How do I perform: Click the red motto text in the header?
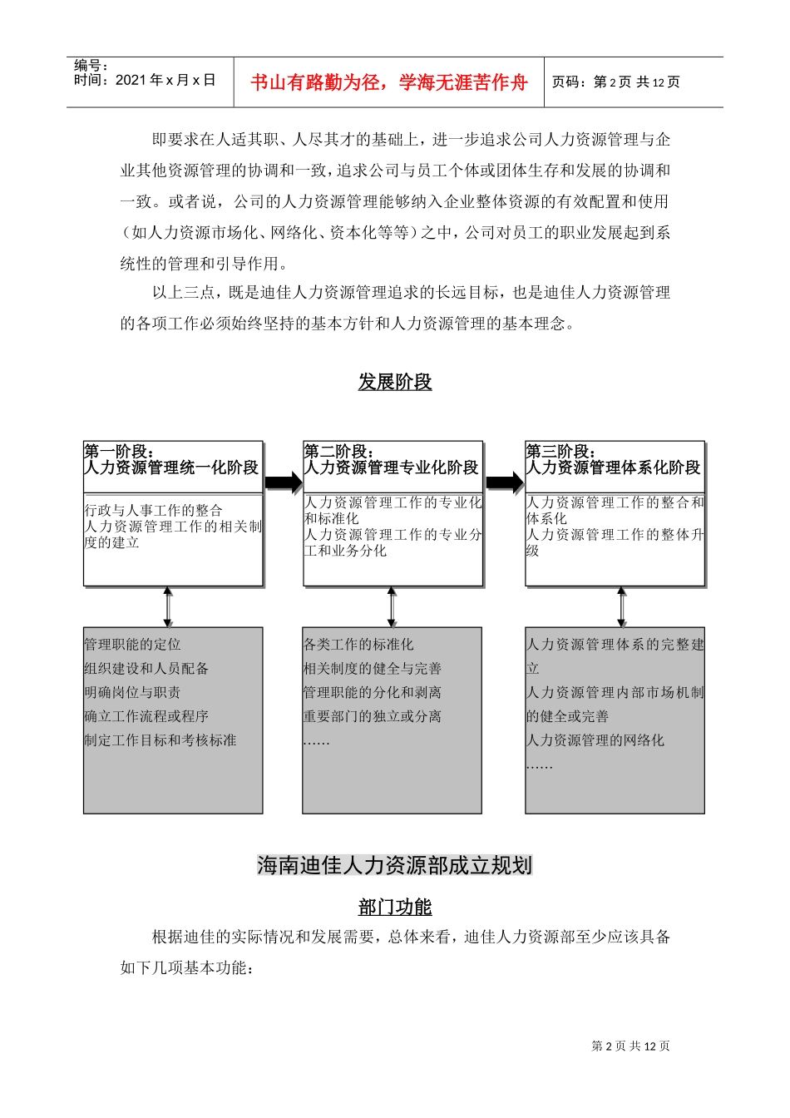coord(389,82)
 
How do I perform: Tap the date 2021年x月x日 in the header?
coord(145,80)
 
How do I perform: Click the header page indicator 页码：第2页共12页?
coord(615,82)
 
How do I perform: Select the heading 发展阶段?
coord(395,382)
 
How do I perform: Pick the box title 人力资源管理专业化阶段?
coord(392,468)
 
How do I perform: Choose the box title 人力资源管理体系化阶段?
coord(614,468)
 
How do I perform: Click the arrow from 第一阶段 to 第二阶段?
coord(283,482)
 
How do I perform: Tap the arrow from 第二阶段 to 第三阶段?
coord(504,482)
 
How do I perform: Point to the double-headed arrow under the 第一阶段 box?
coord(168,607)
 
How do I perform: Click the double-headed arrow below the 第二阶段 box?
coord(392,607)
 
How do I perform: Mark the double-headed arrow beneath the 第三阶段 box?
coord(621,607)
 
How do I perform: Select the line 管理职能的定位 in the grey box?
coord(132,645)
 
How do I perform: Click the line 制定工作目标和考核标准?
coord(160,740)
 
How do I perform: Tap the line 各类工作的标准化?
coord(358,645)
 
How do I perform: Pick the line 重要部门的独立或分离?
coord(373,716)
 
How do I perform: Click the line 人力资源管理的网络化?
coord(595,740)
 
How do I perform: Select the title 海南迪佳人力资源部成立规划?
coord(394,865)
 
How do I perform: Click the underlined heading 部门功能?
coord(395,907)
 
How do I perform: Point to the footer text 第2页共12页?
coord(630,1046)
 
